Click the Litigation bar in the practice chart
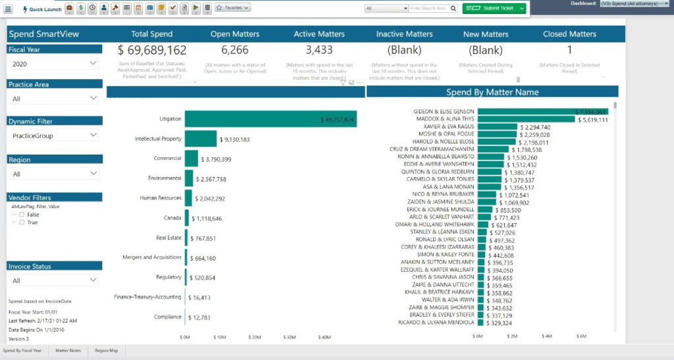pos(270,119)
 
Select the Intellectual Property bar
pos(200,139)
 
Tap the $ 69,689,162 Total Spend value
pos(152,50)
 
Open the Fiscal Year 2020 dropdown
pos(55,63)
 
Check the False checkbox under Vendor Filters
pos(22,215)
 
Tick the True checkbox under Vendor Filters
pos(22,222)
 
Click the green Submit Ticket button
pos(494,8)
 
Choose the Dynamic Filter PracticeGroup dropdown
pos(55,136)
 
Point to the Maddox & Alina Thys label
pos(446,119)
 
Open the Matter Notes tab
pos(68,351)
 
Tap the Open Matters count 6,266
pos(235,50)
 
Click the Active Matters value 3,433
pos(319,50)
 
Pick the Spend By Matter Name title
pos(492,93)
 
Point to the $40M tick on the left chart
pos(324,338)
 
